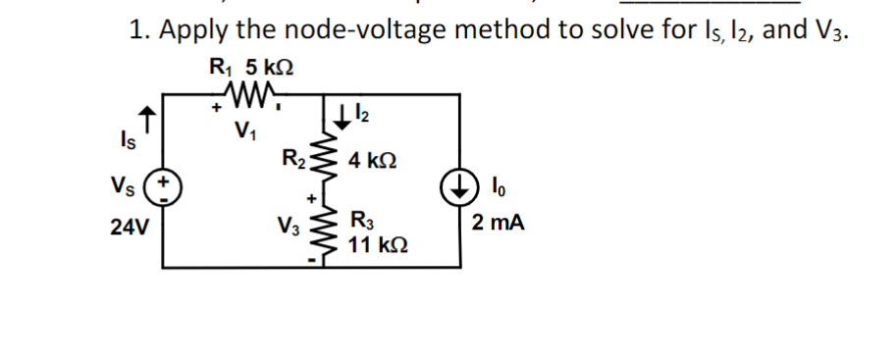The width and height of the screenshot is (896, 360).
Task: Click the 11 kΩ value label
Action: (374, 244)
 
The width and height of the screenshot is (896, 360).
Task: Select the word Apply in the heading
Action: (192, 29)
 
